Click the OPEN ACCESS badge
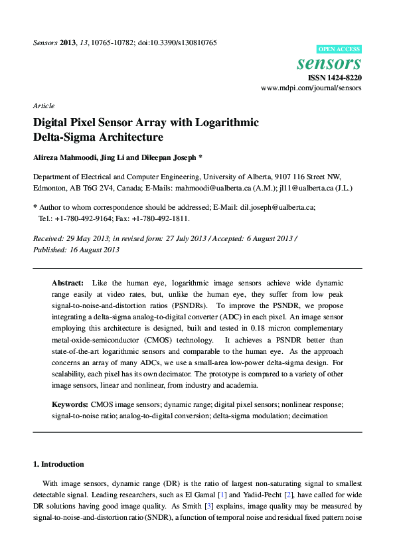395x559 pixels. click(x=339, y=49)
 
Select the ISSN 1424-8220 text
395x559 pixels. click(x=336, y=78)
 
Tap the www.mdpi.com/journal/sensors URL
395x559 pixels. click(x=311, y=88)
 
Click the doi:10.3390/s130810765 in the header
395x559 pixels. click(x=177, y=42)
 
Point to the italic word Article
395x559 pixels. click(x=44, y=106)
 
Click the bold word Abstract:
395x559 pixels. click(x=68, y=283)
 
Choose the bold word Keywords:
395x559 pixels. click(x=70, y=404)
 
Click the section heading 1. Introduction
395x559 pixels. click(x=58, y=463)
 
